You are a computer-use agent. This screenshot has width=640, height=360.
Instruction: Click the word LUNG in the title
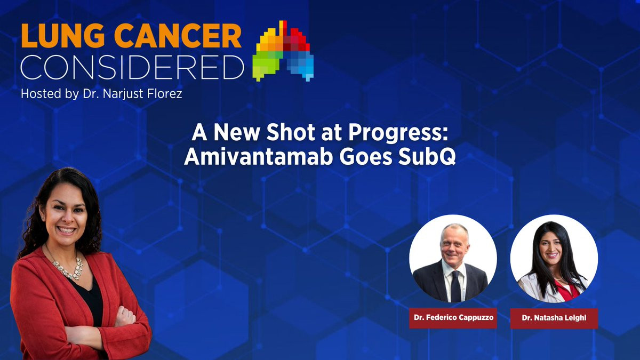[63, 36]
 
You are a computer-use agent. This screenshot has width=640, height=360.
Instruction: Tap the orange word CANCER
[178, 36]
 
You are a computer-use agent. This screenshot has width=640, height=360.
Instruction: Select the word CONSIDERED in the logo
[132, 67]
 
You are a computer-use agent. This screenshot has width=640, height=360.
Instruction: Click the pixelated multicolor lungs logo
[283, 51]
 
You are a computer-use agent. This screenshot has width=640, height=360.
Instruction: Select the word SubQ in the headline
[427, 157]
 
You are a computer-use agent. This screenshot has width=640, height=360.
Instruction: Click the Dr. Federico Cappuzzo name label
[453, 318]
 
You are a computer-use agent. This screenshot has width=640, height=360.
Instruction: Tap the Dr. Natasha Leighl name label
[554, 318]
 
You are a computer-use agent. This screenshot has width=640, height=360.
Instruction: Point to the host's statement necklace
[67, 267]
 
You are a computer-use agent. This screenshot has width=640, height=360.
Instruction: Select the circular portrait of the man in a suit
[453, 259]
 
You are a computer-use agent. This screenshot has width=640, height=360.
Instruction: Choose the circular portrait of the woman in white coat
[554, 259]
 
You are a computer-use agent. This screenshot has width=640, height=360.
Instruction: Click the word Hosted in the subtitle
[41, 94]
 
